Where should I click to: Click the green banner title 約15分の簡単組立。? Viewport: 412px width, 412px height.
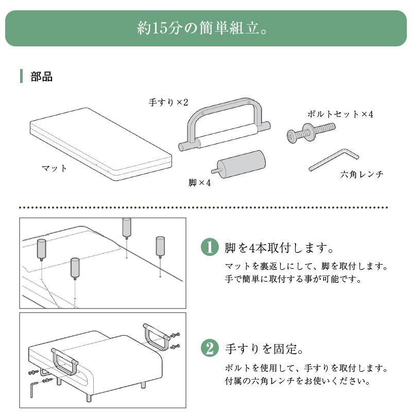tap(202, 28)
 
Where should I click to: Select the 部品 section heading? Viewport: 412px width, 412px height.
tap(42, 77)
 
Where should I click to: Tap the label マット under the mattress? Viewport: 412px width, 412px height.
tap(55, 168)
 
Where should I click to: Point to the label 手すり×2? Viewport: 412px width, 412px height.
tap(168, 102)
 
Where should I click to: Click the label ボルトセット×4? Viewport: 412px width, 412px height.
tap(340, 114)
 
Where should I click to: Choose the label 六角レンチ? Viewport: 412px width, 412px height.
tap(362, 174)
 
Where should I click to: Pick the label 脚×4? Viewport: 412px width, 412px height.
tap(200, 183)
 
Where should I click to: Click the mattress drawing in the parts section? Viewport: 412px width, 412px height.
tap(101, 144)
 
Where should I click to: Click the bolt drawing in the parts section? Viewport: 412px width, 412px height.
tap(311, 132)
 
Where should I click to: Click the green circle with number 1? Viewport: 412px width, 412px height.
tap(210, 247)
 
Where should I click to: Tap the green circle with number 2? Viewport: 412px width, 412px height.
tap(210, 348)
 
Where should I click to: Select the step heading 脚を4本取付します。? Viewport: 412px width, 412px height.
tap(279, 248)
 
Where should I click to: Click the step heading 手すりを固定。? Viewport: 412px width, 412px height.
tap(264, 349)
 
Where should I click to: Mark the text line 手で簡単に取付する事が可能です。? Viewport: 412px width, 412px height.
tap(293, 279)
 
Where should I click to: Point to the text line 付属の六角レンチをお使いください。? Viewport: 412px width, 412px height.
tap(298, 381)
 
